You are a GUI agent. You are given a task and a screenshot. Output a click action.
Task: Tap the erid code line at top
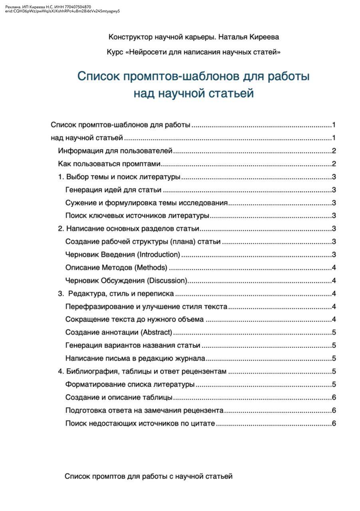click(x=62, y=11)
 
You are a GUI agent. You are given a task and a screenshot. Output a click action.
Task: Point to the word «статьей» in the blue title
click(x=232, y=93)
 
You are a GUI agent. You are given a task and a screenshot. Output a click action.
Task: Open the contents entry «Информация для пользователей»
click(x=115, y=151)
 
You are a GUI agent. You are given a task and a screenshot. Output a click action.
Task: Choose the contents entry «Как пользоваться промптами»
click(x=109, y=164)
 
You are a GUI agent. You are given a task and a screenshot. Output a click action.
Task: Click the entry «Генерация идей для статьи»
click(x=113, y=190)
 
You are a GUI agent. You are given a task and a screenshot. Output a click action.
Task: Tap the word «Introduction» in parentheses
click(x=159, y=255)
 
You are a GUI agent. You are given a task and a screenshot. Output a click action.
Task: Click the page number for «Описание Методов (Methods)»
click(x=334, y=267)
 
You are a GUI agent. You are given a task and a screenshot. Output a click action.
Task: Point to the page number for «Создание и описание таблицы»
click(x=334, y=398)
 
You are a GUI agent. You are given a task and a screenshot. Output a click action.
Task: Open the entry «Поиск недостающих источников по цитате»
click(x=140, y=424)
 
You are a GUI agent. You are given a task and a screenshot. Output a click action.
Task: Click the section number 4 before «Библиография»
click(x=60, y=372)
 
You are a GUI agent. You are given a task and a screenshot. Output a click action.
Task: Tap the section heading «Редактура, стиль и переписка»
click(x=121, y=294)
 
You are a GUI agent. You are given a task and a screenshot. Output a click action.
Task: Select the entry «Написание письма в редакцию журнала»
click(x=135, y=358)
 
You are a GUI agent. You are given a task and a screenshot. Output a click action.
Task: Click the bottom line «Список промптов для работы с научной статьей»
click(x=149, y=476)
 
